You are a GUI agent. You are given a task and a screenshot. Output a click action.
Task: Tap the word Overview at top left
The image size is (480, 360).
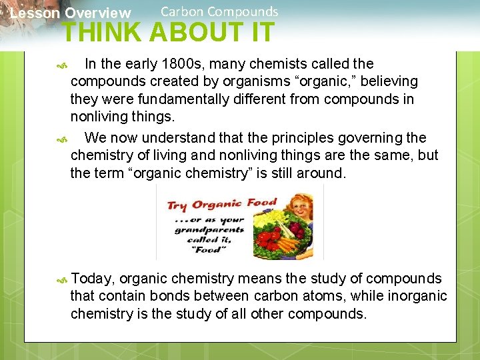pyautogui.click(x=98, y=13)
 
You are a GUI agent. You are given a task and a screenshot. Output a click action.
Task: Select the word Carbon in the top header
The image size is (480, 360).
pyautogui.click(x=181, y=11)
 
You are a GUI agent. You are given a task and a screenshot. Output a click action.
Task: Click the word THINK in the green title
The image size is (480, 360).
pyautogui.click(x=103, y=32)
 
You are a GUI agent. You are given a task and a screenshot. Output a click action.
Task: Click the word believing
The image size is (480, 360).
pyautogui.click(x=386, y=81)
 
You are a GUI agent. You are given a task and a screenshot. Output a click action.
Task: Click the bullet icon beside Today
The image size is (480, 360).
pyautogui.click(x=62, y=279)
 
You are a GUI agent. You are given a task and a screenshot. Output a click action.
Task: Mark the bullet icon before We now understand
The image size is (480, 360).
pyautogui.click(x=62, y=139)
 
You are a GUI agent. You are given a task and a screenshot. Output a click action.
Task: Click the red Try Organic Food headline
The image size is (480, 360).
pyautogui.click(x=222, y=205)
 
